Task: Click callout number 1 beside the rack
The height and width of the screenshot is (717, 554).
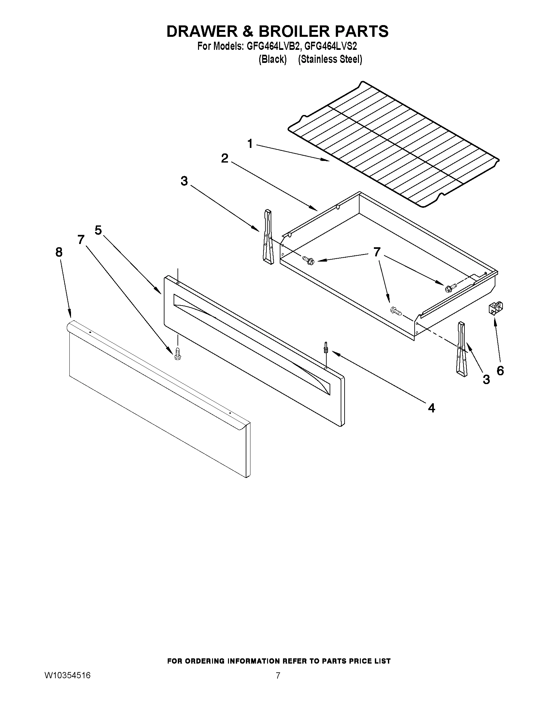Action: click(250, 143)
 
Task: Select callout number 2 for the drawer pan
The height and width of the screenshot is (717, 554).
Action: click(224, 158)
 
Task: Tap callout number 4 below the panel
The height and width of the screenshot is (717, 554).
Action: click(432, 408)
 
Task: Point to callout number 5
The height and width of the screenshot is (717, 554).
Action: click(98, 230)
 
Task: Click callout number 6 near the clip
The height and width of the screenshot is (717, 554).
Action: click(500, 371)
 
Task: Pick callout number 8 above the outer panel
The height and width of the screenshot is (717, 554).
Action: click(59, 252)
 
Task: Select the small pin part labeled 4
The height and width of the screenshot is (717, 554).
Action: click(326, 347)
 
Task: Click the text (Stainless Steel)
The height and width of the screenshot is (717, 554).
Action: click(330, 59)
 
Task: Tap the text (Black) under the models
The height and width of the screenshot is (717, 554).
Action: click(272, 59)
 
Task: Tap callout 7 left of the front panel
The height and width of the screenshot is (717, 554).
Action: click(81, 240)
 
